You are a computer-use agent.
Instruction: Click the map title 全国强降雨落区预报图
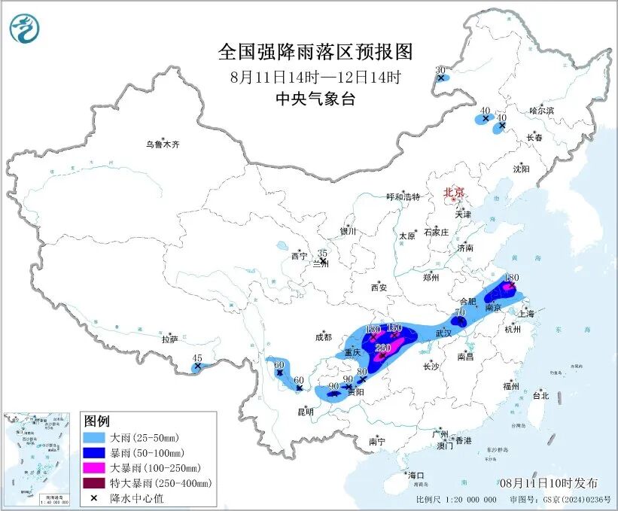pos(315,52)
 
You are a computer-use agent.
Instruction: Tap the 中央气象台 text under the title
pos(315,99)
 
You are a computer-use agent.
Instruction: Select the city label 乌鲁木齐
pos(163,144)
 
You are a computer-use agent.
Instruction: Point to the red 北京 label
pos(455,192)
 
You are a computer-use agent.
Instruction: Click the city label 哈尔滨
pos(540,111)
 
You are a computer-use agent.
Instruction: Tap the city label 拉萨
pos(169,339)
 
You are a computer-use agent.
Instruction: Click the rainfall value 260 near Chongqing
pos(382,347)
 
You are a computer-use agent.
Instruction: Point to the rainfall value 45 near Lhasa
pos(197,357)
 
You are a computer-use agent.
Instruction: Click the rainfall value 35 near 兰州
pos(322,254)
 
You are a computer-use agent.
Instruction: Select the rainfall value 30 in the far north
pos(440,69)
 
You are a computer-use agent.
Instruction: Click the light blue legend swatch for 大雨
pos(94,437)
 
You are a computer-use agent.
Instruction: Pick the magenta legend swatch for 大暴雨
pos(94,467)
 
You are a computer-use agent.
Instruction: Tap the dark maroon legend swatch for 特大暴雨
pos(94,482)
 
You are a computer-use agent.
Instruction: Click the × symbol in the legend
pos(94,497)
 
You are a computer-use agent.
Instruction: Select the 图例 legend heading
pos(97,421)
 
